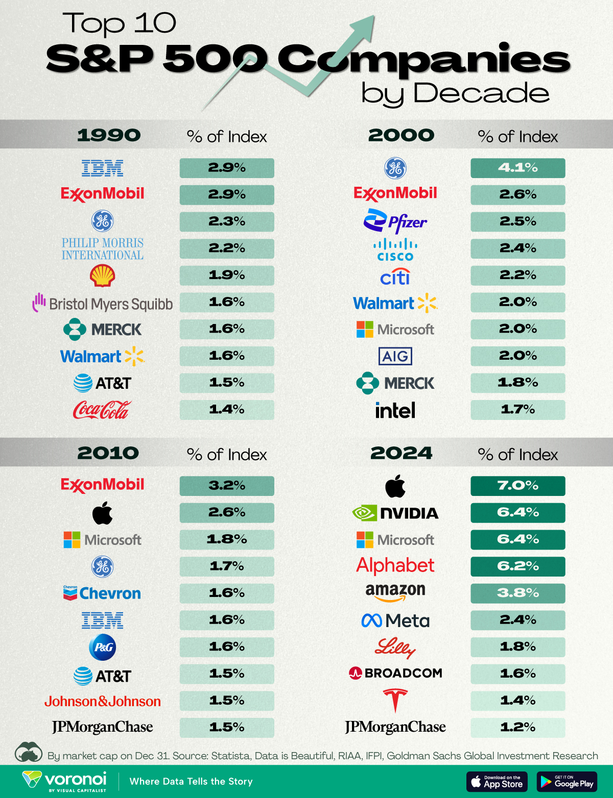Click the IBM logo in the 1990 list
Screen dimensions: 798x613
[x=102, y=168]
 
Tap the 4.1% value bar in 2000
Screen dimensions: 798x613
[x=517, y=168]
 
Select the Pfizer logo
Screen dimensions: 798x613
[x=395, y=221]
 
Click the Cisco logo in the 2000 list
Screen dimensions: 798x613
[x=395, y=249]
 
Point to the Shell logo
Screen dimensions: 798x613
[x=102, y=276]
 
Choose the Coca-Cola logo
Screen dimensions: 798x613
[x=102, y=410]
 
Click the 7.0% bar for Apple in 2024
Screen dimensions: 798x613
[x=517, y=486]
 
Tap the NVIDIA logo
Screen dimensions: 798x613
[x=395, y=513]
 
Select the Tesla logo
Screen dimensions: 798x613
[x=395, y=700]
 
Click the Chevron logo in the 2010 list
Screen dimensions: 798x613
[x=102, y=593]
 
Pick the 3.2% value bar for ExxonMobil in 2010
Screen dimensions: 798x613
[x=226, y=486]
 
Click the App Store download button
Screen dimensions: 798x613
[x=498, y=781]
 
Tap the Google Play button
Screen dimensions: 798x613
[x=567, y=781]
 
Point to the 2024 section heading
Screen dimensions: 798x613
[x=401, y=453]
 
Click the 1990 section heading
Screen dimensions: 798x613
[x=108, y=135]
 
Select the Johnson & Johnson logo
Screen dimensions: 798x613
[x=102, y=702]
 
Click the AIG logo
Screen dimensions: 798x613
[x=395, y=356]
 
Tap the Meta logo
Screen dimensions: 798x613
[x=395, y=620]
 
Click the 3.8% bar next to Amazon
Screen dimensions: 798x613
[x=517, y=593]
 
